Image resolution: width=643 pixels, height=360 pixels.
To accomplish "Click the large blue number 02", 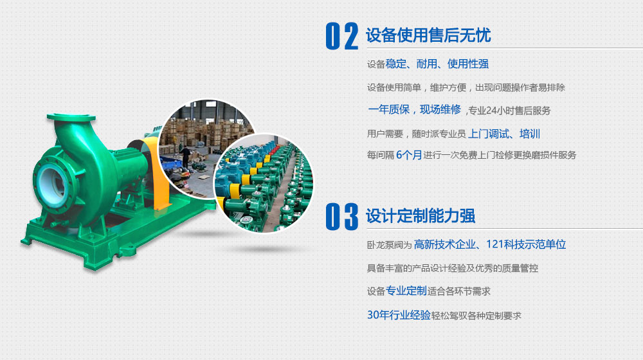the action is click(342, 36).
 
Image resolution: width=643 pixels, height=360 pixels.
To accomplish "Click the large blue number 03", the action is click(342, 217).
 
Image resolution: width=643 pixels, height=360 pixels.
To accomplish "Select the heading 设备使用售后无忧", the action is click(428, 35).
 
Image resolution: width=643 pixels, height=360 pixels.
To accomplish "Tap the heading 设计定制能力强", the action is click(421, 215).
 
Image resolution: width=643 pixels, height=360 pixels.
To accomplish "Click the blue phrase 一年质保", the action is click(389, 109).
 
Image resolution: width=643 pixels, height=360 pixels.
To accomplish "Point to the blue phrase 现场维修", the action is click(440, 109).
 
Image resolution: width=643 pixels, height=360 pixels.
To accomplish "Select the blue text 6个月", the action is click(409, 155).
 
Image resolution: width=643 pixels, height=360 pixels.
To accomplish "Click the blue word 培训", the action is click(530, 134).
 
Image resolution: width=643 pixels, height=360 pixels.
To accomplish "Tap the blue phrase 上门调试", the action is click(489, 134).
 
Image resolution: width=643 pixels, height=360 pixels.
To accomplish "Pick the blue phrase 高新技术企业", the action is click(445, 244).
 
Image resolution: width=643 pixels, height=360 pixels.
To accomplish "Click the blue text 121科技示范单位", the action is click(526, 244).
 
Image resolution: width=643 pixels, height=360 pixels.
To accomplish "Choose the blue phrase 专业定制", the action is click(406, 291).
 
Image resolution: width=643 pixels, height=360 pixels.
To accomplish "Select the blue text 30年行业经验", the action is click(399, 315).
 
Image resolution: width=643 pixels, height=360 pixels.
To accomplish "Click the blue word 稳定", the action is click(395, 64).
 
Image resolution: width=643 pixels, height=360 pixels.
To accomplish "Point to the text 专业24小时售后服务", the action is click(509, 111).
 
